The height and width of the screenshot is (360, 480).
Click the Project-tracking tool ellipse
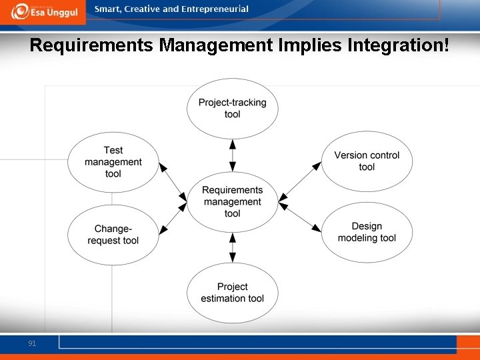(232, 108)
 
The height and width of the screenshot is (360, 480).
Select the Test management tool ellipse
(113, 162)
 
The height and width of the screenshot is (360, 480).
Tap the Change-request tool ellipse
(113, 235)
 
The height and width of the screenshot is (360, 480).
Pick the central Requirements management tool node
(232, 201)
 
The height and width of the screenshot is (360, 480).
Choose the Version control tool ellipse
(367, 161)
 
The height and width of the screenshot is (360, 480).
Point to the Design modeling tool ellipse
(367, 232)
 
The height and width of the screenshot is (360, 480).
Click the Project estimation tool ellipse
(232, 292)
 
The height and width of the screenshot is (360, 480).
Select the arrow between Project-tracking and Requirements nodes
(232, 155)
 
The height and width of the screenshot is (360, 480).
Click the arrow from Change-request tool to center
(173, 219)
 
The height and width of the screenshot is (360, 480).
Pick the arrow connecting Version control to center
(300, 181)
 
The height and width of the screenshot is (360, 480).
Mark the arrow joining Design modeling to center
(300, 217)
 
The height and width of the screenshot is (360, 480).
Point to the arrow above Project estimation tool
(232, 247)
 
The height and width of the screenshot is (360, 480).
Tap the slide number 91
(32, 343)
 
